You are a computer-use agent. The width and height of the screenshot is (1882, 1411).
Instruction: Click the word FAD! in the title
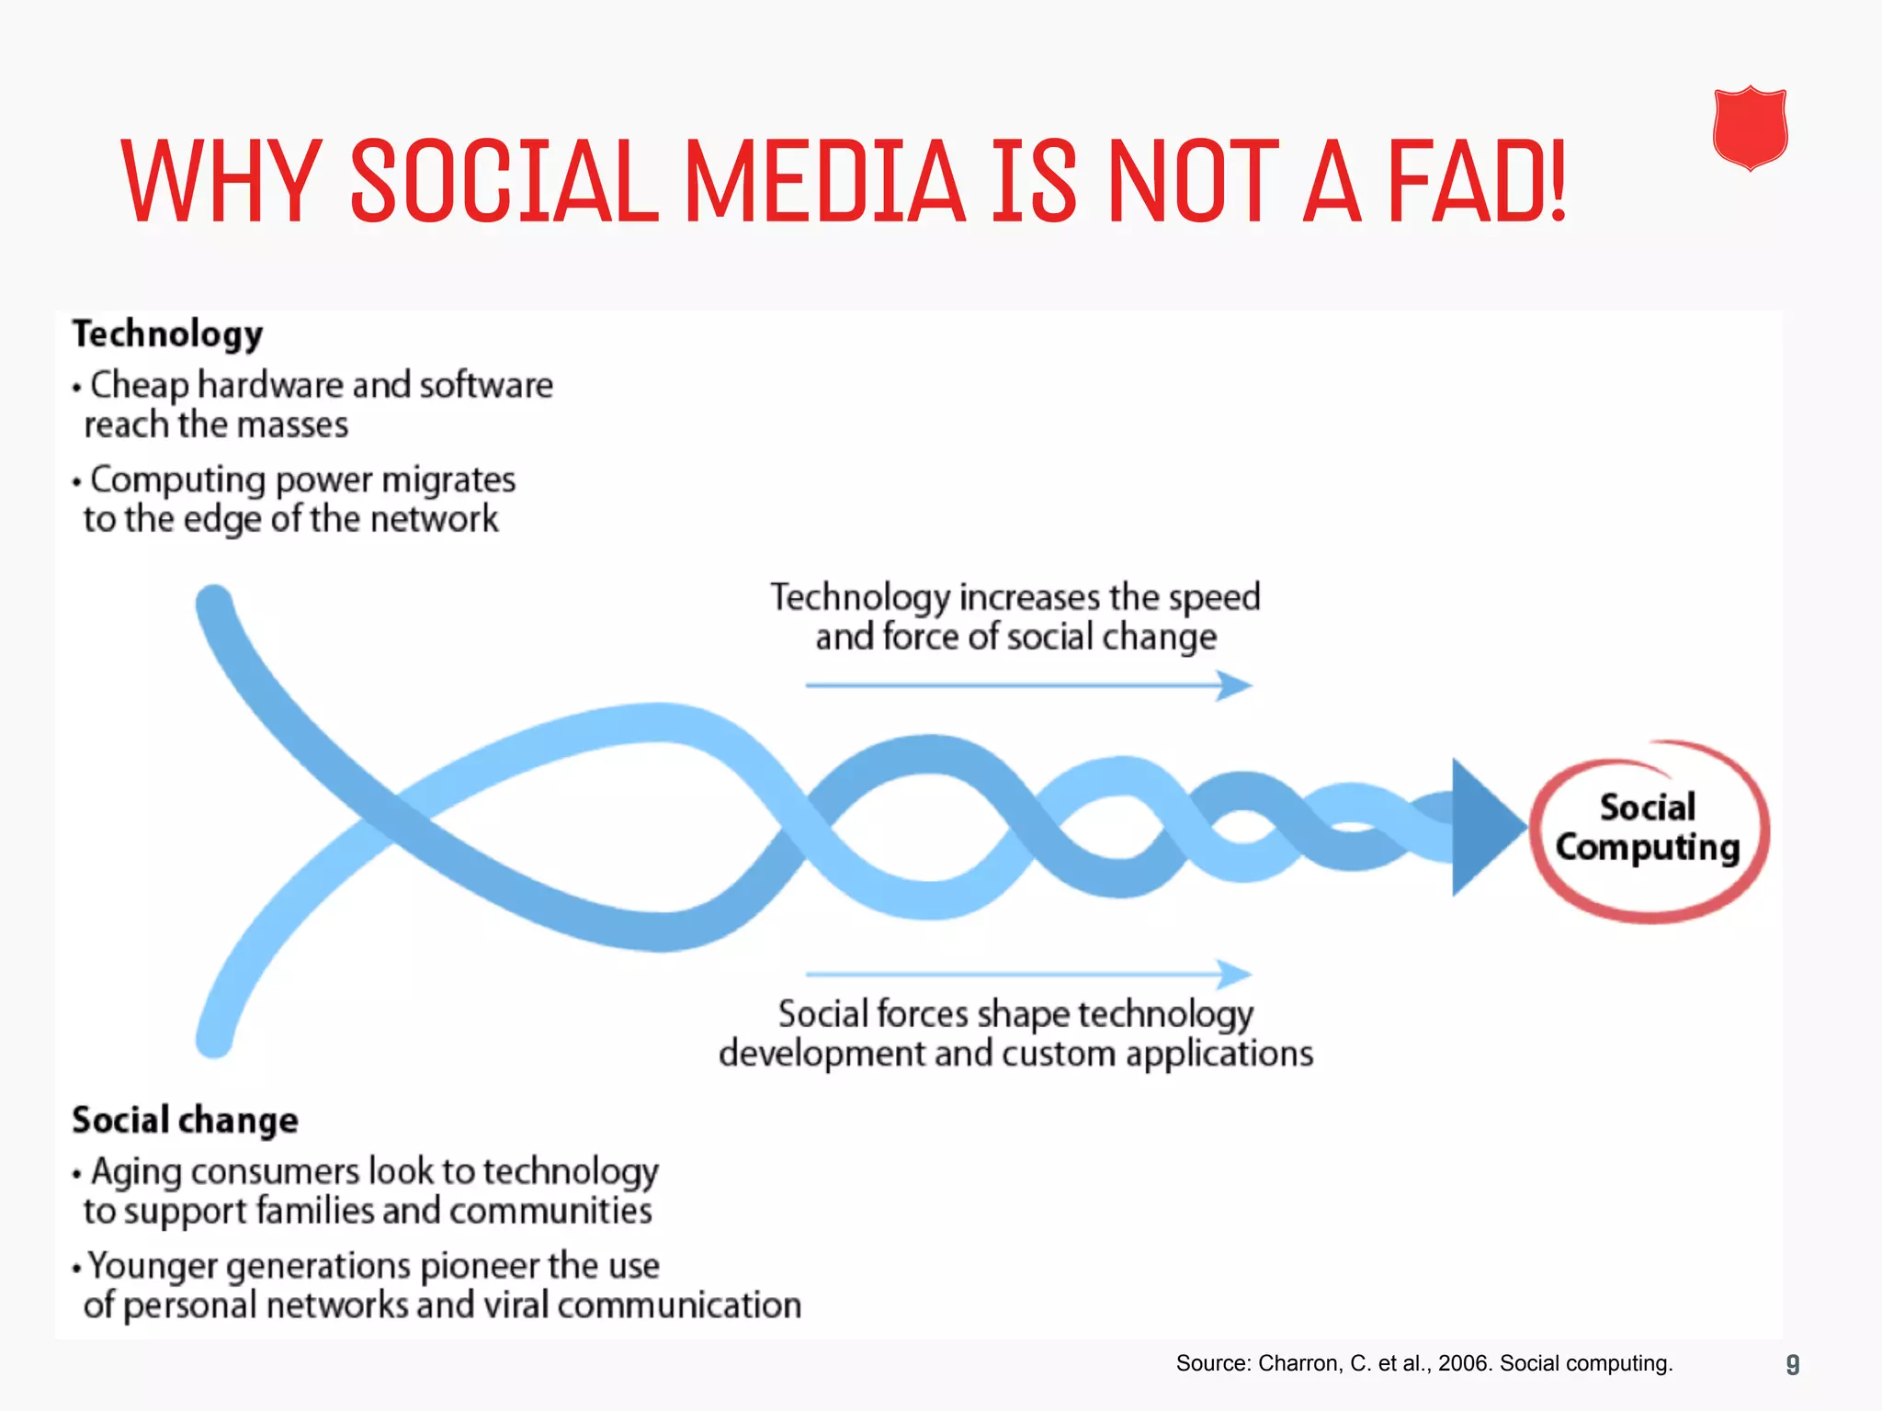tap(1476, 181)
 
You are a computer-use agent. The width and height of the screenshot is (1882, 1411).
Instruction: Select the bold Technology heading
tap(168, 334)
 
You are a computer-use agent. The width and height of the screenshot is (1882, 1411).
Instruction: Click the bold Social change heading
tap(186, 1120)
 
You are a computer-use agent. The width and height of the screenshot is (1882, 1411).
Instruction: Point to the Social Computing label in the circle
tap(1648, 828)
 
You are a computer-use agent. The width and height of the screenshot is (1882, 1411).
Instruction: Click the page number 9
tap(1792, 1364)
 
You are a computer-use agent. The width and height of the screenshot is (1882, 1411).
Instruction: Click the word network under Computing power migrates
tap(434, 520)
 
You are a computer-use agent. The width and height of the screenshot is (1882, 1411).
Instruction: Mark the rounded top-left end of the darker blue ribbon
tap(214, 603)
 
